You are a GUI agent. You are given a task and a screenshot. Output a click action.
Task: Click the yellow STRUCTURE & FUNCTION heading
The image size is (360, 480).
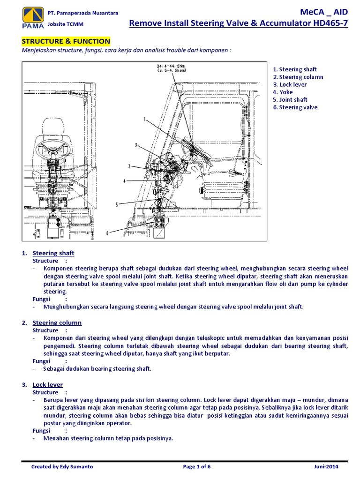tap(66, 41)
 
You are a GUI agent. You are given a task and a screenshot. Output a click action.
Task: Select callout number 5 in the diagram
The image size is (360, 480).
tap(117, 204)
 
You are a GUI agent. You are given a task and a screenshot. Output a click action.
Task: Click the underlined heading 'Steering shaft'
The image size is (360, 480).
tap(53, 253)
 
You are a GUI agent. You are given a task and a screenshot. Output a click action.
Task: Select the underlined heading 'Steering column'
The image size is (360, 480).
tap(57, 322)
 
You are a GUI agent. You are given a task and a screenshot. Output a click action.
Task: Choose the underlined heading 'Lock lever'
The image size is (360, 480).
tap(47, 385)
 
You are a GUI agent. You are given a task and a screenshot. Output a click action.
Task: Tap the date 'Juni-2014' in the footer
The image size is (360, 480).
tap(326, 467)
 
